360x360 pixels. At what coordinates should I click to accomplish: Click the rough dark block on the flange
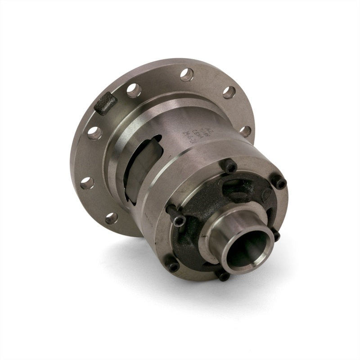tap(106, 104)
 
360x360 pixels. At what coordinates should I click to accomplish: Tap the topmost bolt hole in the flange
tap(187, 74)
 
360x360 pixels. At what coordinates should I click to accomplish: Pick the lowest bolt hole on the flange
tap(111, 218)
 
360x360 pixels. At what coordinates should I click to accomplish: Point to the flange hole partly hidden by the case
tap(245, 131)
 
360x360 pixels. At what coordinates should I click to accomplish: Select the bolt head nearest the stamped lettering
tap(230, 167)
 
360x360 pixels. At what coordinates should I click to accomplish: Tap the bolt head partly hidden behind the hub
tap(275, 235)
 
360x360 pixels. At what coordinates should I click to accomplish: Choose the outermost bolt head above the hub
tap(279, 182)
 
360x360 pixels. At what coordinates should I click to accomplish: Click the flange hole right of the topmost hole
tap(229, 92)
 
